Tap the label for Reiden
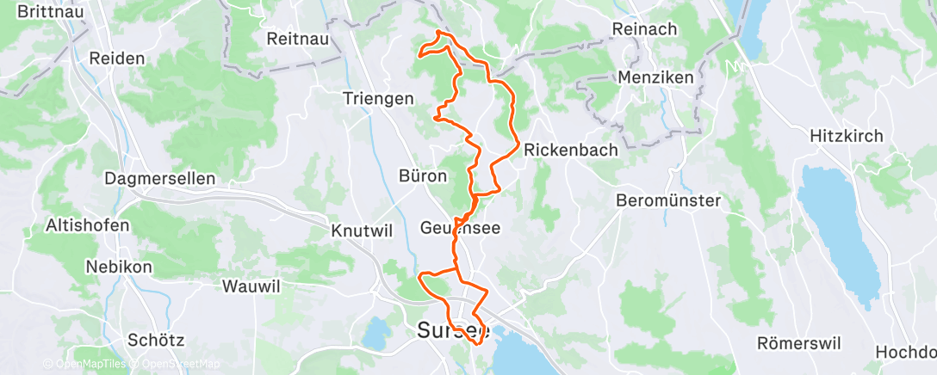116,59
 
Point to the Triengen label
378,98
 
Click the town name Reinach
644,29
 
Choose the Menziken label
656,77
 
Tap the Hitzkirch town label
848,135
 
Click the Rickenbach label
571,150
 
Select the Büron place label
423,176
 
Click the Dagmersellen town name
159,179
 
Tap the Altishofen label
88,225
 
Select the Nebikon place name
118,267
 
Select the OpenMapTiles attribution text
90,364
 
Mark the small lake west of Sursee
377,334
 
